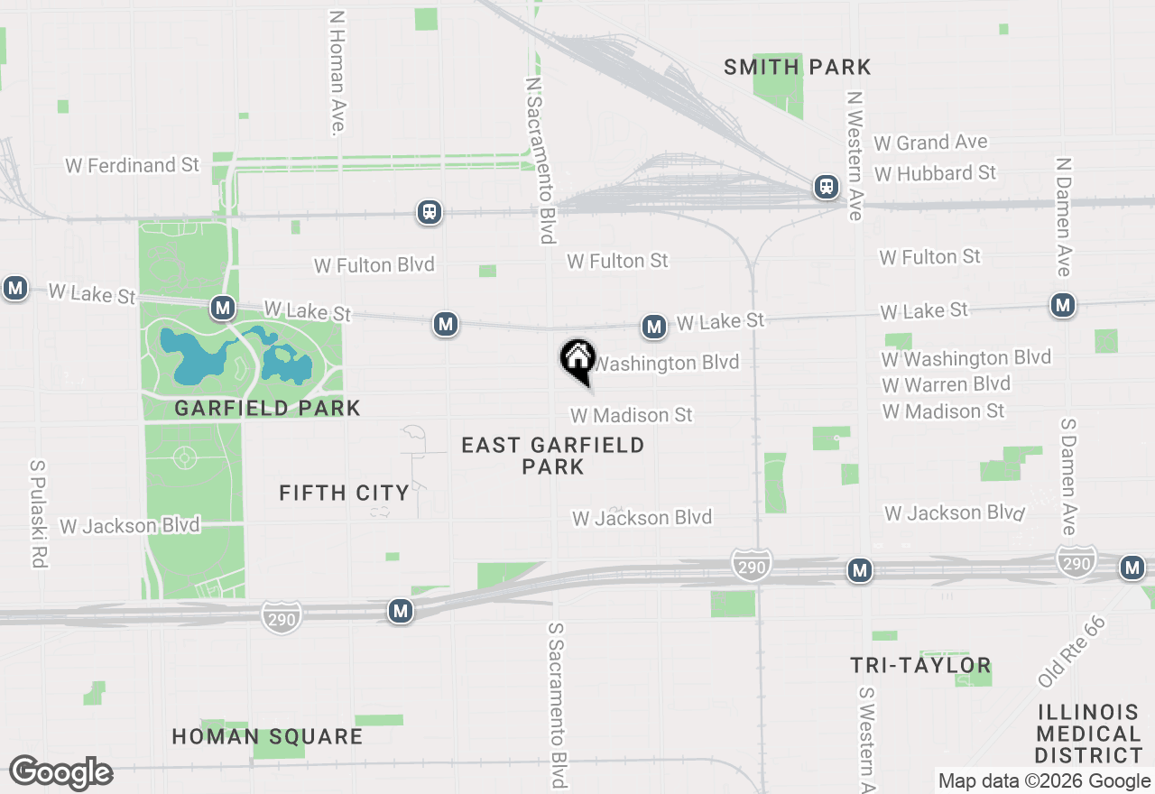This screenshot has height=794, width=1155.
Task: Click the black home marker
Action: tap(577, 359)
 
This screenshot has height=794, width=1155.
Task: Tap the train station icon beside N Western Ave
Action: tap(826, 187)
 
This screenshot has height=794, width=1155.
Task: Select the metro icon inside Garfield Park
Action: tap(223, 308)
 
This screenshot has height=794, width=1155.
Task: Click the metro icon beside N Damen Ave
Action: tap(1064, 305)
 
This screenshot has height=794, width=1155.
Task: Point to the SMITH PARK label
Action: tap(798, 67)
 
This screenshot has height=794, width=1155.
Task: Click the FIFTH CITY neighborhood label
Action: tap(344, 493)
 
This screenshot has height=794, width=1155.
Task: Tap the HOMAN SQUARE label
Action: tap(267, 736)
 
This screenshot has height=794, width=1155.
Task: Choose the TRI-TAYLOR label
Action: tap(920, 666)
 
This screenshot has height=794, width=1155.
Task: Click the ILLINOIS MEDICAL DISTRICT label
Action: tap(1088, 733)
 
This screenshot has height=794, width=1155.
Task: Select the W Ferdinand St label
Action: tap(132, 165)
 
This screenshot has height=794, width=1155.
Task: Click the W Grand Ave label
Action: tap(930, 143)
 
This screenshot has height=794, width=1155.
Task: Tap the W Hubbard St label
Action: tap(935, 172)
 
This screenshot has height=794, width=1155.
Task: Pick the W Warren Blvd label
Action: tap(946, 384)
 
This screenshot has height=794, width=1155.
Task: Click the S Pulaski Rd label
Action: tap(38, 514)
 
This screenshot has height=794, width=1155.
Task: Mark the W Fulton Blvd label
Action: tap(374, 265)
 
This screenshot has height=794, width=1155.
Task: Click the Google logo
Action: tap(60, 773)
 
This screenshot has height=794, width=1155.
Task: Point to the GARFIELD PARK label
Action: tap(267, 408)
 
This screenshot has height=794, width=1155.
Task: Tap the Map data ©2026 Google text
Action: tap(1044, 781)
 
